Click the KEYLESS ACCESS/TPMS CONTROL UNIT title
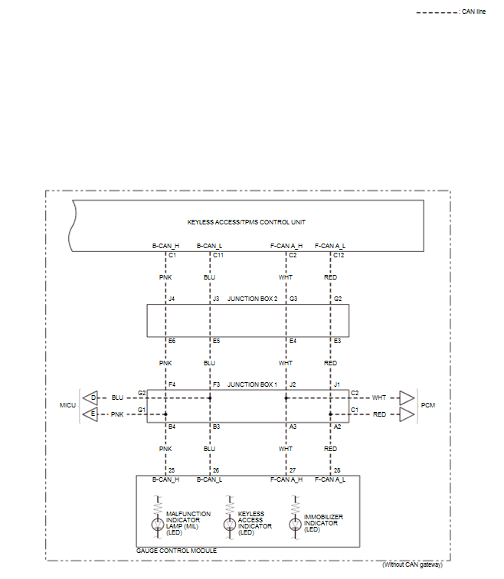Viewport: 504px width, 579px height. (247, 222)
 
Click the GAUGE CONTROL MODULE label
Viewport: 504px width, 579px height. (176, 551)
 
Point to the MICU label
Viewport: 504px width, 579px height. (68, 404)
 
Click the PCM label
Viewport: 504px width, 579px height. (428, 404)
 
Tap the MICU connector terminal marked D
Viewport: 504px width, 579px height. (93, 398)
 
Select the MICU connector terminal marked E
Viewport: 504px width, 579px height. (93, 414)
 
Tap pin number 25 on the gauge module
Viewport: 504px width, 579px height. (172, 469)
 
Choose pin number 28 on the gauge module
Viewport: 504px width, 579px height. (338, 469)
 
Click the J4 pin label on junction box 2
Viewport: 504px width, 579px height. (172, 298)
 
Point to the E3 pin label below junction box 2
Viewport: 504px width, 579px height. (338, 340)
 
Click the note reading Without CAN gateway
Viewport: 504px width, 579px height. (412, 564)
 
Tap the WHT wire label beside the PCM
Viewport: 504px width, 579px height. (379, 398)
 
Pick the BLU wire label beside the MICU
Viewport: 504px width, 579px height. (117, 398)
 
